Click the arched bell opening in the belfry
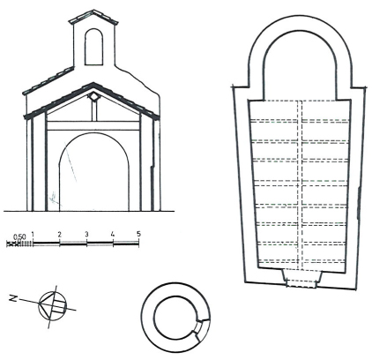coord(93,47)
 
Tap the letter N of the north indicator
coord(12,298)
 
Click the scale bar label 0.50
coord(19,236)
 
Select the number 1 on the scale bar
coord(33,235)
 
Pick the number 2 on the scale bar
coord(60,235)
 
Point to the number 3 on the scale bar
coord(86,235)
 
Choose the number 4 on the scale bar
coord(113,235)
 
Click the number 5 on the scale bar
coord(138,234)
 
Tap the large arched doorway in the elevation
coord(94,172)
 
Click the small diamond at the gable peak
coord(93,96)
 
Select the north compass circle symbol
coord(53,306)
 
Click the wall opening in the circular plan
coord(202,326)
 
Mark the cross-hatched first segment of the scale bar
coord(12,244)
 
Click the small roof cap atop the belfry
coord(93,17)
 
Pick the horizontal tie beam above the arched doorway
coord(93,125)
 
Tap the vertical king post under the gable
coord(94,111)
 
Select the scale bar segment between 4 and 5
coord(126,244)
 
